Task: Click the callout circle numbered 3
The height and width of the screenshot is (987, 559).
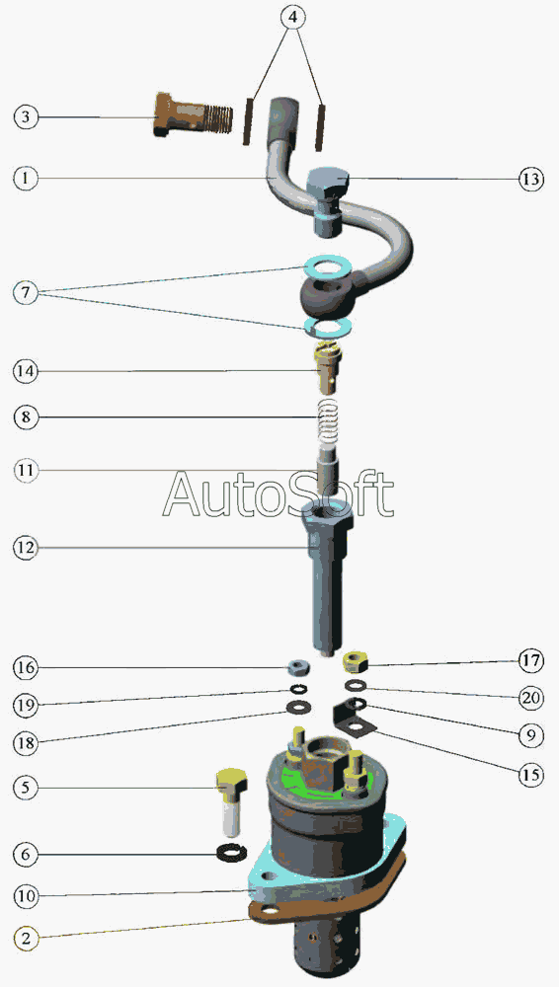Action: [26, 117]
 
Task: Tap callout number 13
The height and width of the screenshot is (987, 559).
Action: [531, 179]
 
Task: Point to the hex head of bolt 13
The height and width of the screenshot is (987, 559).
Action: [328, 182]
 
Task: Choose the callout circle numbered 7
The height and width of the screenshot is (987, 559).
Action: [26, 293]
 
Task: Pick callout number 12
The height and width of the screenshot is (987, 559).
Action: [26, 548]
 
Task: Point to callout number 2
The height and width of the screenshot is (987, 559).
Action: [26, 938]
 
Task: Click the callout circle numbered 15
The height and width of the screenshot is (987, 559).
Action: [531, 774]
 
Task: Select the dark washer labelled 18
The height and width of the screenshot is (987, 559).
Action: [298, 707]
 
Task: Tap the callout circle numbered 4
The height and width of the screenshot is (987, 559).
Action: [291, 17]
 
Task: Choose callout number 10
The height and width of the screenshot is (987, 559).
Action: [26, 896]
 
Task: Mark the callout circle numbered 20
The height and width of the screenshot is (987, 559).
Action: [531, 698]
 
